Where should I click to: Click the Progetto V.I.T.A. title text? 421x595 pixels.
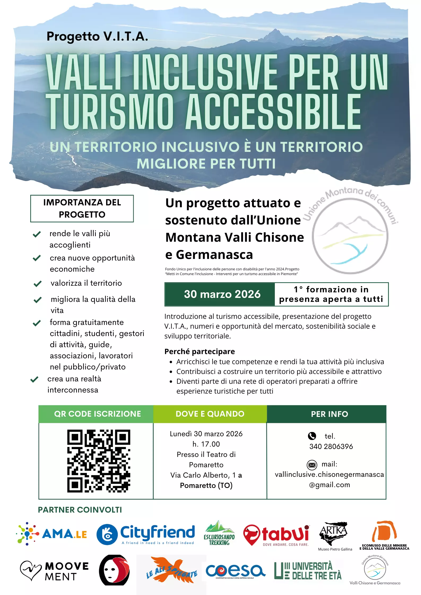(x=97, y=36)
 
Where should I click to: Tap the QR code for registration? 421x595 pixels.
(x=99, y=461)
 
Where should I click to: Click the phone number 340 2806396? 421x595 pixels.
(x=331, y=447)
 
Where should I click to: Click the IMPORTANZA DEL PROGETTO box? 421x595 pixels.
(x=82, y=209)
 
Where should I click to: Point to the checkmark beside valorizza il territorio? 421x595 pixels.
(x=37, y=284)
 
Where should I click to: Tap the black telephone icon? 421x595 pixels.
(x=312, y=436)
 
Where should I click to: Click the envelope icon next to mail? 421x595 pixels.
(x=312, y=465)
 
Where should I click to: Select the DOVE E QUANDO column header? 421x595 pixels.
(x=210, y=414)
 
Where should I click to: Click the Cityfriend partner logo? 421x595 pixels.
(x=146, y=534)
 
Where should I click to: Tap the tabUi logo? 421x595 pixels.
(x=276, y=535)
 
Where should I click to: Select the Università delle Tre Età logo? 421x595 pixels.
(x=308, y=571)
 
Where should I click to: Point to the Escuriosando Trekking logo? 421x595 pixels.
(x=219, y=533)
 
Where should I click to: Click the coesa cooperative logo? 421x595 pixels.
(x=235, y=571)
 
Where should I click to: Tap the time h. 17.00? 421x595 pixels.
(x=206, y=444)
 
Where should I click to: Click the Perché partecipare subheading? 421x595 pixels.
(x=199, y=352)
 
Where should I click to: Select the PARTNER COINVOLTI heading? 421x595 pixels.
(x=80, y=510)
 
